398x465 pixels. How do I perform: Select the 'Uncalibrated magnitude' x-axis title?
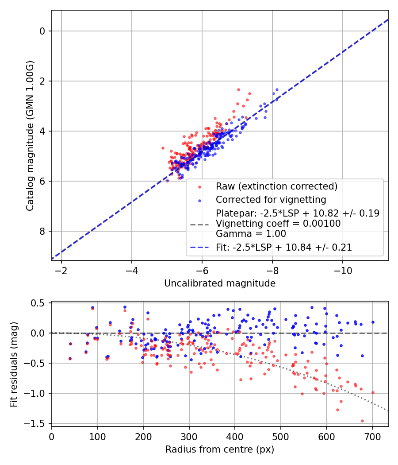[220, 283]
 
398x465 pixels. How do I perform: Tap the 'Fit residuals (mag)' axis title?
[14, 364]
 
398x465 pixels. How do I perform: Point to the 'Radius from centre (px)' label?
[220, 449]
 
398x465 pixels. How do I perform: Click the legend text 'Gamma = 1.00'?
[251, 234]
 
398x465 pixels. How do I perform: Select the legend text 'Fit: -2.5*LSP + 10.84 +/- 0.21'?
[284, 248]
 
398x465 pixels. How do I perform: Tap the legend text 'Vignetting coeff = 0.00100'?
[278, 224]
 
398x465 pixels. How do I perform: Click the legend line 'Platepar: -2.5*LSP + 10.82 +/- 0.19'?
[297, 213]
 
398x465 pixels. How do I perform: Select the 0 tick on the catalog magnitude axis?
[42, 31]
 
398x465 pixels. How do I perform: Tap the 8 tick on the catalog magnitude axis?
[42, 231]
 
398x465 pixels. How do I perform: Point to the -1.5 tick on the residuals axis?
[37, 423]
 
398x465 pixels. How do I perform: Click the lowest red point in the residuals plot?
[362, 421]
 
